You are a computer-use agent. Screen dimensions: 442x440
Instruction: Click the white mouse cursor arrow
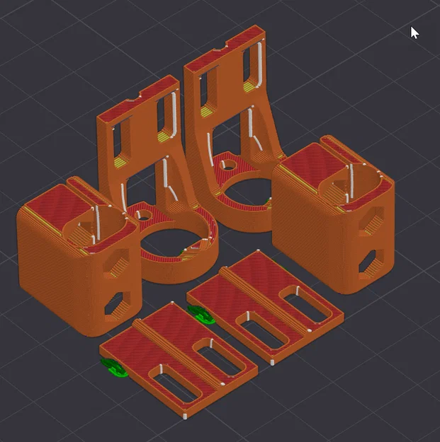414,33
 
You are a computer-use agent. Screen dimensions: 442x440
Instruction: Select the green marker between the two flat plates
201,313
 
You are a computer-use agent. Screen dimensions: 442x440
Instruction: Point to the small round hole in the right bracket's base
229,164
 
